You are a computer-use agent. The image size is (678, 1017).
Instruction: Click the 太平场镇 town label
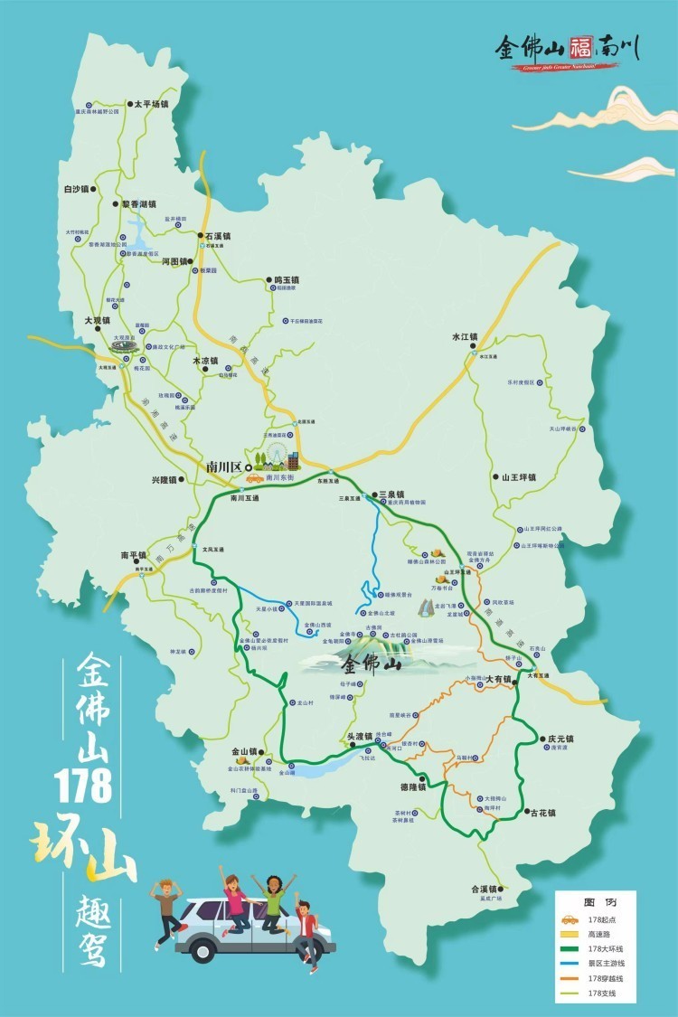pos(152,104)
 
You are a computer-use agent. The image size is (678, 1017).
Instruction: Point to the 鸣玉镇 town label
pos(286,280)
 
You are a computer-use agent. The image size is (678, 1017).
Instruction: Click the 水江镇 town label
pos(464,337)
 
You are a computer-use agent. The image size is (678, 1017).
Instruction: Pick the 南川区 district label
pos(224,466)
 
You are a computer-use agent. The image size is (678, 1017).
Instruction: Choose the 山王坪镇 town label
pos(519,476)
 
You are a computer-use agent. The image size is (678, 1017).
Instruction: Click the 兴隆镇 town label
pos(166,480)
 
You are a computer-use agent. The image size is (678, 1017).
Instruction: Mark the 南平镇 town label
pos(133,555)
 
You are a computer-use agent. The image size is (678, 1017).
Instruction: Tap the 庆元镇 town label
pos(560,739)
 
